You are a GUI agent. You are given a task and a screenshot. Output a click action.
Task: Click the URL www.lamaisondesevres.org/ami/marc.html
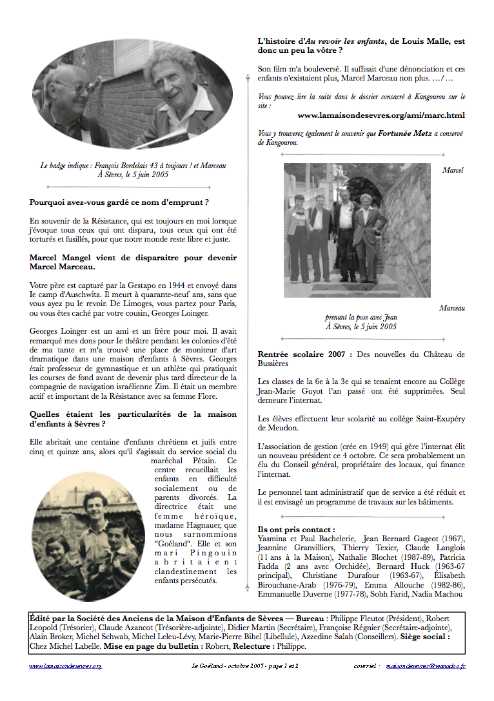tap(380, 116)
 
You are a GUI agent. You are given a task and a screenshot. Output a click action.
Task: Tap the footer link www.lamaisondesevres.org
tap(66, 666)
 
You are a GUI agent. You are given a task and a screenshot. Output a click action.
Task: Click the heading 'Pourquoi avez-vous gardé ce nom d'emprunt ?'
tap(119, 202)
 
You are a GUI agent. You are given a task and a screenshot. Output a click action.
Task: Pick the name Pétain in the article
tap(208, 461)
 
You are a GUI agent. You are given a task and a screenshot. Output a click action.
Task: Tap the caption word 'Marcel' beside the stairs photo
tap(453, 170)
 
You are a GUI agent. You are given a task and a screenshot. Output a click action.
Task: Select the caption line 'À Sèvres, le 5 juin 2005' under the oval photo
tap(133, 175)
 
